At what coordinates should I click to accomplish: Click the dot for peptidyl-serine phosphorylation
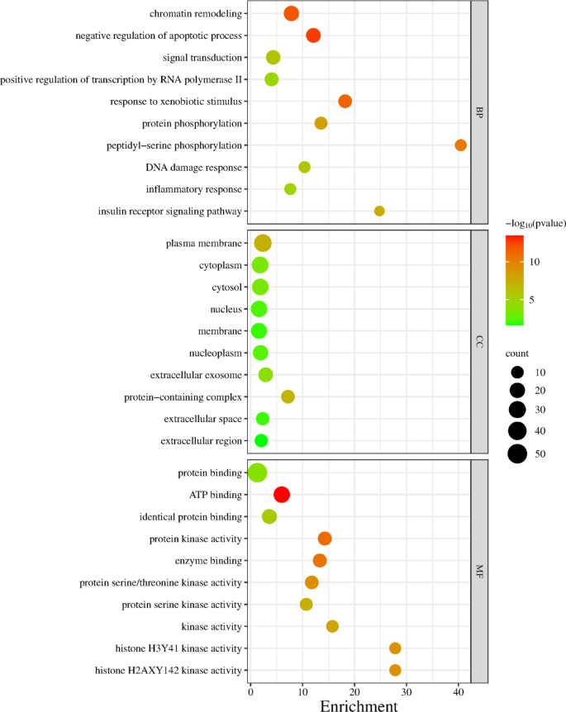pos(461,145)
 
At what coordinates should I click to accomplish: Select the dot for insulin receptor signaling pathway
pos(379,211)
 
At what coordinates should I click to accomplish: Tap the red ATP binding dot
pos(282,495)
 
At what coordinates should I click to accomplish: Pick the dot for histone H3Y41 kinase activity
pos(395,648)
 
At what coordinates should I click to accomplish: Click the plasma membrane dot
pos(263,243)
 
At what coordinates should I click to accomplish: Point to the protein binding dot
pos(257,472)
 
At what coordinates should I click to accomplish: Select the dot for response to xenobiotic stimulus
pos(345,102)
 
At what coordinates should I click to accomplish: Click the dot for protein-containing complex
pos(288,396)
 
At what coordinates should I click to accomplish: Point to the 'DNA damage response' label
pos(194,168)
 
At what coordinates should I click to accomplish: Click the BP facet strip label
pos(478,112)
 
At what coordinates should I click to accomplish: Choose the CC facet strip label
pos(478,342)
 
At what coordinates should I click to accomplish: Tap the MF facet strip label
pos(478,571)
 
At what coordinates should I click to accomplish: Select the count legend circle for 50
pos(518,453)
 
